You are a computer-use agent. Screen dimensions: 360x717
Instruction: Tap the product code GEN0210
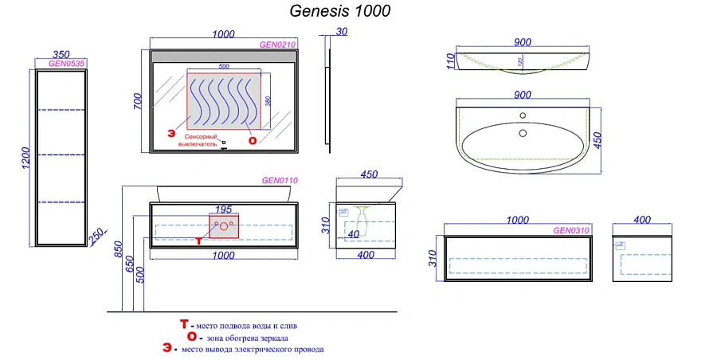pyautogui.click(x=278, y=45)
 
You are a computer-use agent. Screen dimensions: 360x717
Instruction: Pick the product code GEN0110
pyautogui.click(x=280, y=181)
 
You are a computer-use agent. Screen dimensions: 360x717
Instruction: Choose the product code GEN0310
pyautogui.click(x=571, y=230)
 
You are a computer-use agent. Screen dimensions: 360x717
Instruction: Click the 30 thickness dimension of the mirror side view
pyautogui.click(x=342, y=32)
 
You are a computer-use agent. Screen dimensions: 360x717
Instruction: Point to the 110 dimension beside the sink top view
pyautogui.click(x=450, y=61)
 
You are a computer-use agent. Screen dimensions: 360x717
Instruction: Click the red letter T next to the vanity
pyautogui.click(x=198, y=239)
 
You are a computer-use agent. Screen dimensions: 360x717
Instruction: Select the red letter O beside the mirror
pyautogui.click(x=253, y=140)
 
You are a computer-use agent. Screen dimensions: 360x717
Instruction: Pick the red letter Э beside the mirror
pyautogui.click(x=170, y=135)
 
